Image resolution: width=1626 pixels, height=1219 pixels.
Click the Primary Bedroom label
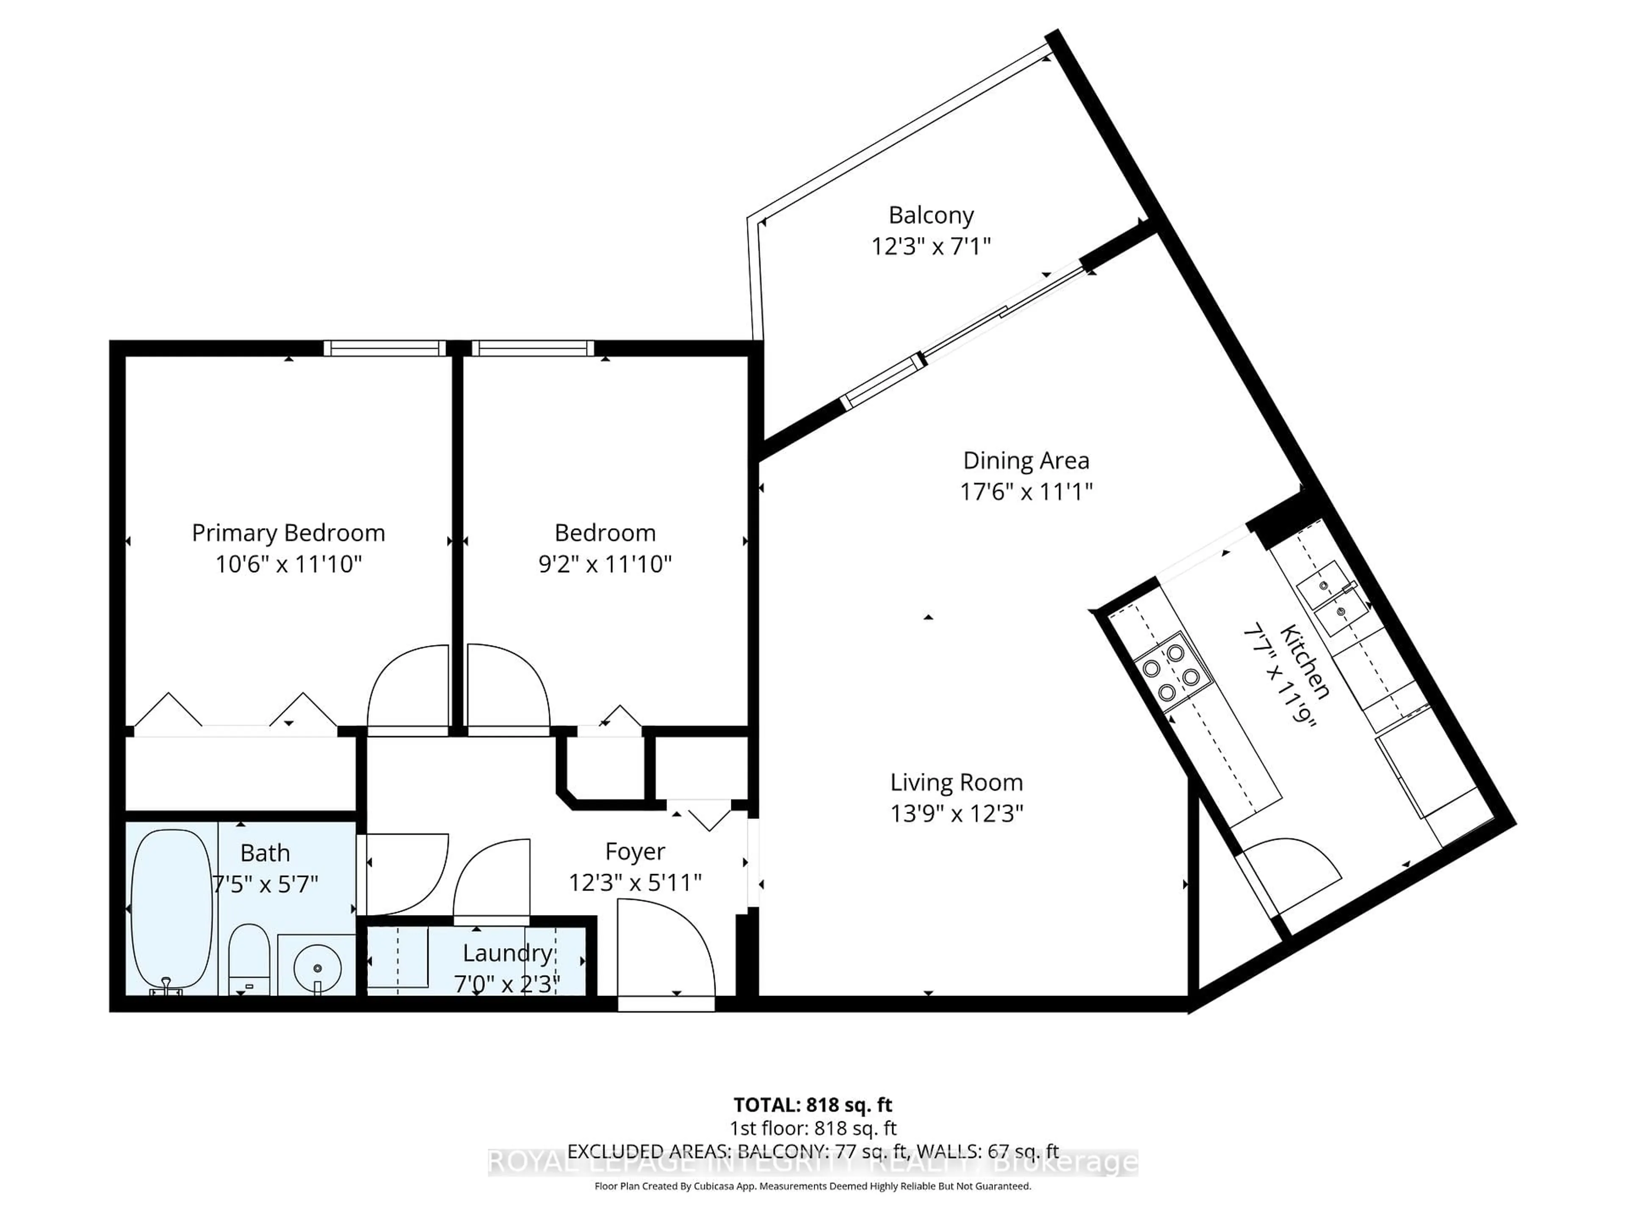click(x=288, y=533)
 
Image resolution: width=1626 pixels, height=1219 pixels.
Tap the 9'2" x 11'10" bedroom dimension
click(x=605, y=564)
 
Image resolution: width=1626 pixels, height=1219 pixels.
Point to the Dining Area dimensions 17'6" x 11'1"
click(x=1026, y=491)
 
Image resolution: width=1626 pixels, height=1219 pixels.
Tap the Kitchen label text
click(x=1305, y=661)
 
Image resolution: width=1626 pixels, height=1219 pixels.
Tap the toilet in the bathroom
click(x=249, y=959)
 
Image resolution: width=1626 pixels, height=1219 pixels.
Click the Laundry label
click(x=507, y=953)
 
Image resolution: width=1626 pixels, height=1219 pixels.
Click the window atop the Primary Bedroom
click(x=384, y=348)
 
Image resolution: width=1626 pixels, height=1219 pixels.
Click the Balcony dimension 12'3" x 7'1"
click(x=931, y=246)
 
